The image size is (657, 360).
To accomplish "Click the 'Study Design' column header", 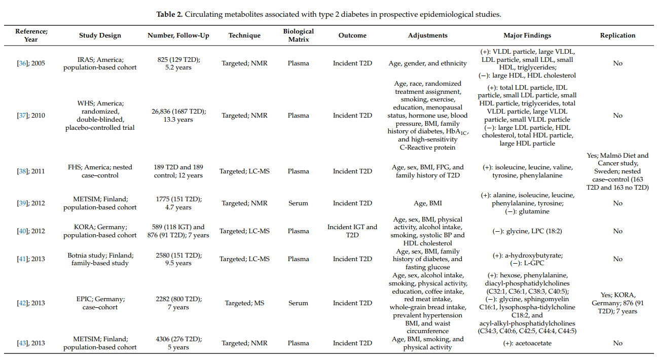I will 100,35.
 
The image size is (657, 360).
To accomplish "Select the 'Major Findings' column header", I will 527,35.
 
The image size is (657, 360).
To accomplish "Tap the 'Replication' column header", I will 617,35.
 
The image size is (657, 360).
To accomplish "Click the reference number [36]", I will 22,63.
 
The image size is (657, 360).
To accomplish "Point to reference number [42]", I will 22,303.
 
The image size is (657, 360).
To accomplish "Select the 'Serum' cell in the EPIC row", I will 298,303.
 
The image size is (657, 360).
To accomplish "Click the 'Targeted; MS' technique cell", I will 244,303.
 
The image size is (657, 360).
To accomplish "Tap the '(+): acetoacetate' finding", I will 527,343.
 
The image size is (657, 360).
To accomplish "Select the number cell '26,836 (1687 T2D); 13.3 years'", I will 178,116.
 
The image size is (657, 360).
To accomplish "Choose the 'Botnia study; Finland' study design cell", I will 100,259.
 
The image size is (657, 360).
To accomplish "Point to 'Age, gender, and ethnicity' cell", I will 427,63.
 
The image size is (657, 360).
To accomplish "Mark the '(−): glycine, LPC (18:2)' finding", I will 527,231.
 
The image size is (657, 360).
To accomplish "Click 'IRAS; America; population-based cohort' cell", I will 100,63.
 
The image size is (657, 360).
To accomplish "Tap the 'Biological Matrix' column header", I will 298,35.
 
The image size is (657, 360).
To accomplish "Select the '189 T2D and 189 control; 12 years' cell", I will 178,171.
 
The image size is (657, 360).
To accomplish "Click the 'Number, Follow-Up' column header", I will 178,35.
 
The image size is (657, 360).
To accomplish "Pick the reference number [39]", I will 22,203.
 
